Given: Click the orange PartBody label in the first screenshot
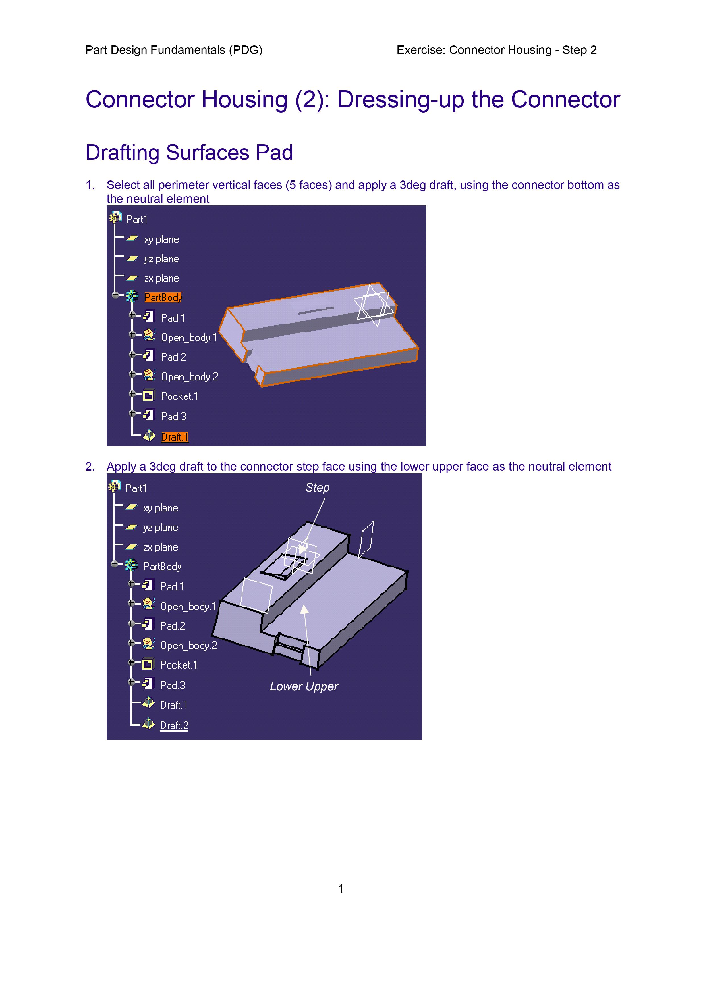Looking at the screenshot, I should (163, 297).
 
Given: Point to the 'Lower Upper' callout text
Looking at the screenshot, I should (304, 686).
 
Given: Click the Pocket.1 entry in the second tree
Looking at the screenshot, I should (179, 665).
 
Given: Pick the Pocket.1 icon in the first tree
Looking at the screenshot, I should (148, 396).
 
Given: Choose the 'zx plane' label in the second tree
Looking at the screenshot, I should (160, 547).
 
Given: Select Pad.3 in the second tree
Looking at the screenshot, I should (173, 685).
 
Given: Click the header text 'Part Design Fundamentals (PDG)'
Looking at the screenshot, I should (174, 50).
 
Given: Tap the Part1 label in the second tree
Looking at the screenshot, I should (136, 488).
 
